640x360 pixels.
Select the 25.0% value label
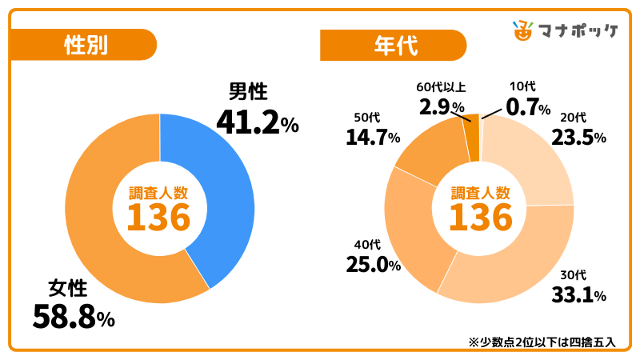coord(373,263)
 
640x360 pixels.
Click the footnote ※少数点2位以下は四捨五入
coord(542,342)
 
